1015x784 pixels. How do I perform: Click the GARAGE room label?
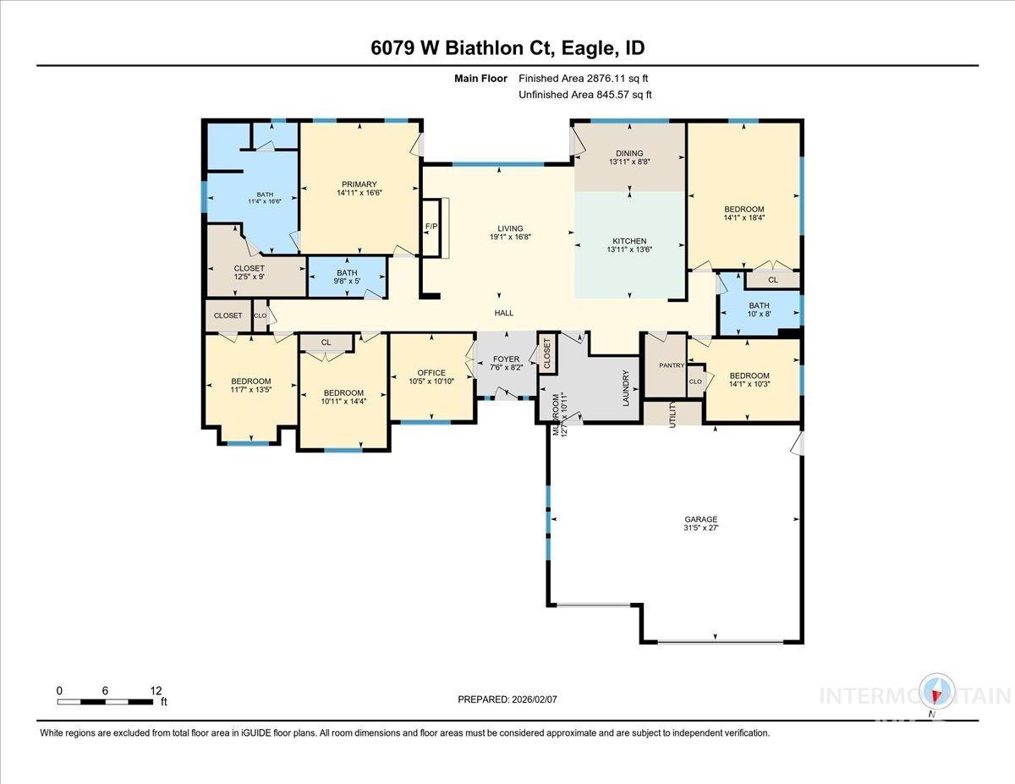[x=701, y=519]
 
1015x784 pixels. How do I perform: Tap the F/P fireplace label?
[x=431, y=227]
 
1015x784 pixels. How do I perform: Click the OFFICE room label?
[x=431, y=373]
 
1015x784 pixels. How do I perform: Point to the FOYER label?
[x=506, y=359]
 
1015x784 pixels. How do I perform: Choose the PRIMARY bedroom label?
[x=359, y=184]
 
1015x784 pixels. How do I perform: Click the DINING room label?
[x=629, y=153]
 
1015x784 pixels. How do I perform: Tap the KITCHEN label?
[x=629, y=241]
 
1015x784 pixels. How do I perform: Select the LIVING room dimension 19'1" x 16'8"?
[x=510, y=238]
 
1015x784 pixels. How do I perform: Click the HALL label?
[x=504, y=313]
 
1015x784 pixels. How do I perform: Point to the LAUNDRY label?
[x=627, y=388]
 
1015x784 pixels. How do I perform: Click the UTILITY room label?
[x=673, y=415]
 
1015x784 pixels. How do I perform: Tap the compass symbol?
[x=937, y=692]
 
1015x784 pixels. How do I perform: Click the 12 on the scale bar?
[x=156, y=690]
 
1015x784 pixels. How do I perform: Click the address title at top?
[x=507, y=48]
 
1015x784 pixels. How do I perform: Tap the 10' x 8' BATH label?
[x=759, y=310]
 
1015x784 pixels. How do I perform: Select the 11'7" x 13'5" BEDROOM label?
[x=251, y=386]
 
